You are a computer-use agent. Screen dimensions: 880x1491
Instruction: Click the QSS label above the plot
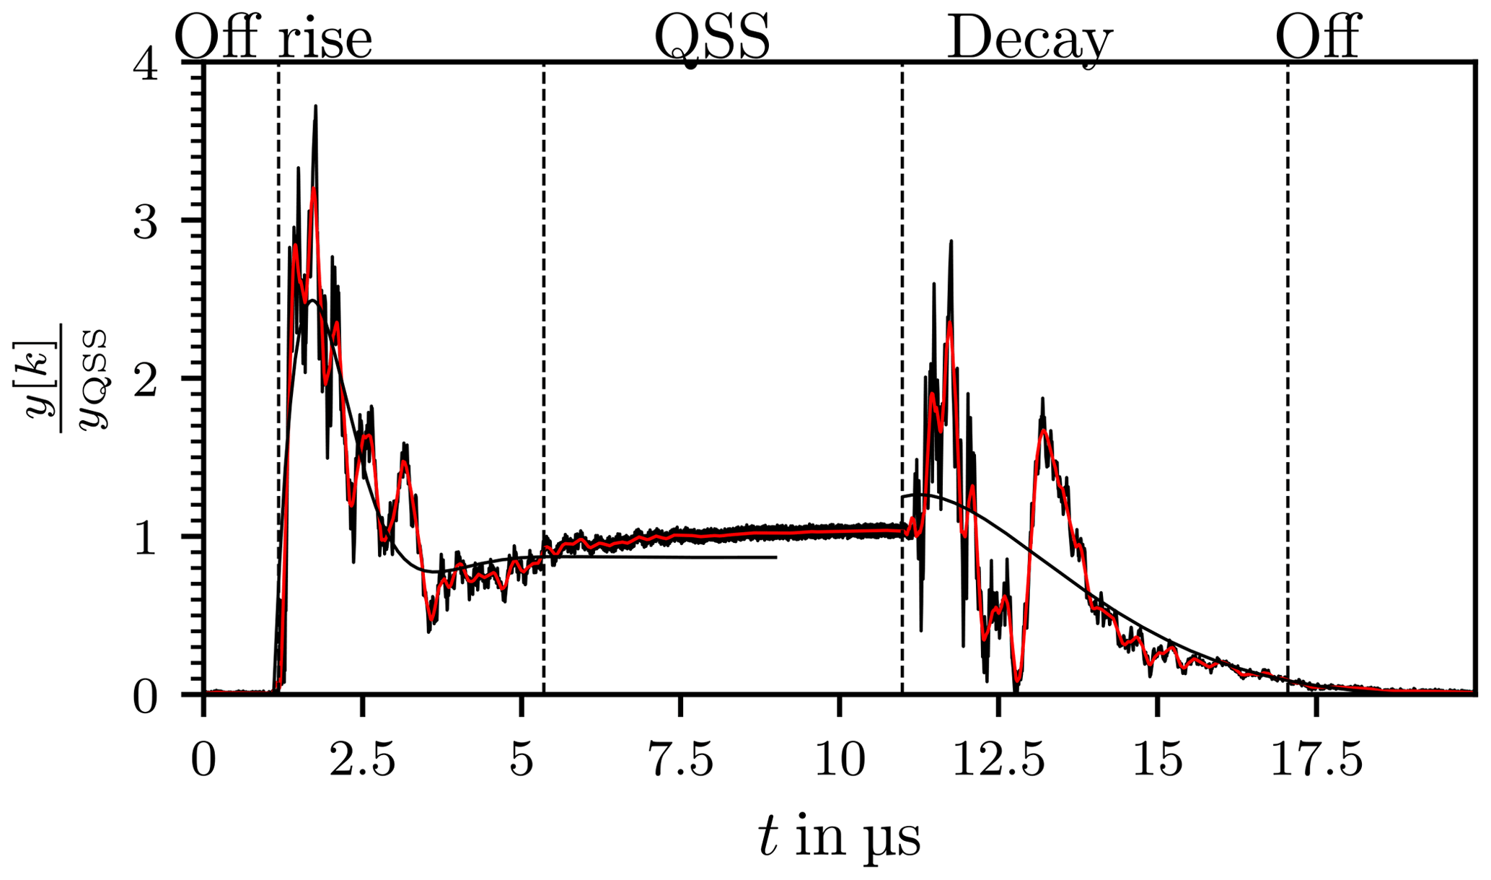(x=711, y=38)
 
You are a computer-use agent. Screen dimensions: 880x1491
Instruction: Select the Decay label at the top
(x=1029, y=39)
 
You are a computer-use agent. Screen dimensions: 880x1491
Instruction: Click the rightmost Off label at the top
(x=1317, y=38)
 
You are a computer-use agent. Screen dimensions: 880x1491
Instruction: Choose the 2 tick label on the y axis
(x=146, y=380)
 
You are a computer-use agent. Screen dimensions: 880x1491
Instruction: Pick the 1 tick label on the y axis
(x=146, y=538)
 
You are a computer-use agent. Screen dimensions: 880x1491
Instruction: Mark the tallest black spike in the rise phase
(x=315, y=107)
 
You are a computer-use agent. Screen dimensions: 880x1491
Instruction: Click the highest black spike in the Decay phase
(x=951, y=242)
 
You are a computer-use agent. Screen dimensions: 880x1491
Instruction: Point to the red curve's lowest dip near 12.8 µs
(x=1016, y=679)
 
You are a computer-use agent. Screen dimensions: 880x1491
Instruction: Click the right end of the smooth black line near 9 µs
(x=776, y=557)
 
